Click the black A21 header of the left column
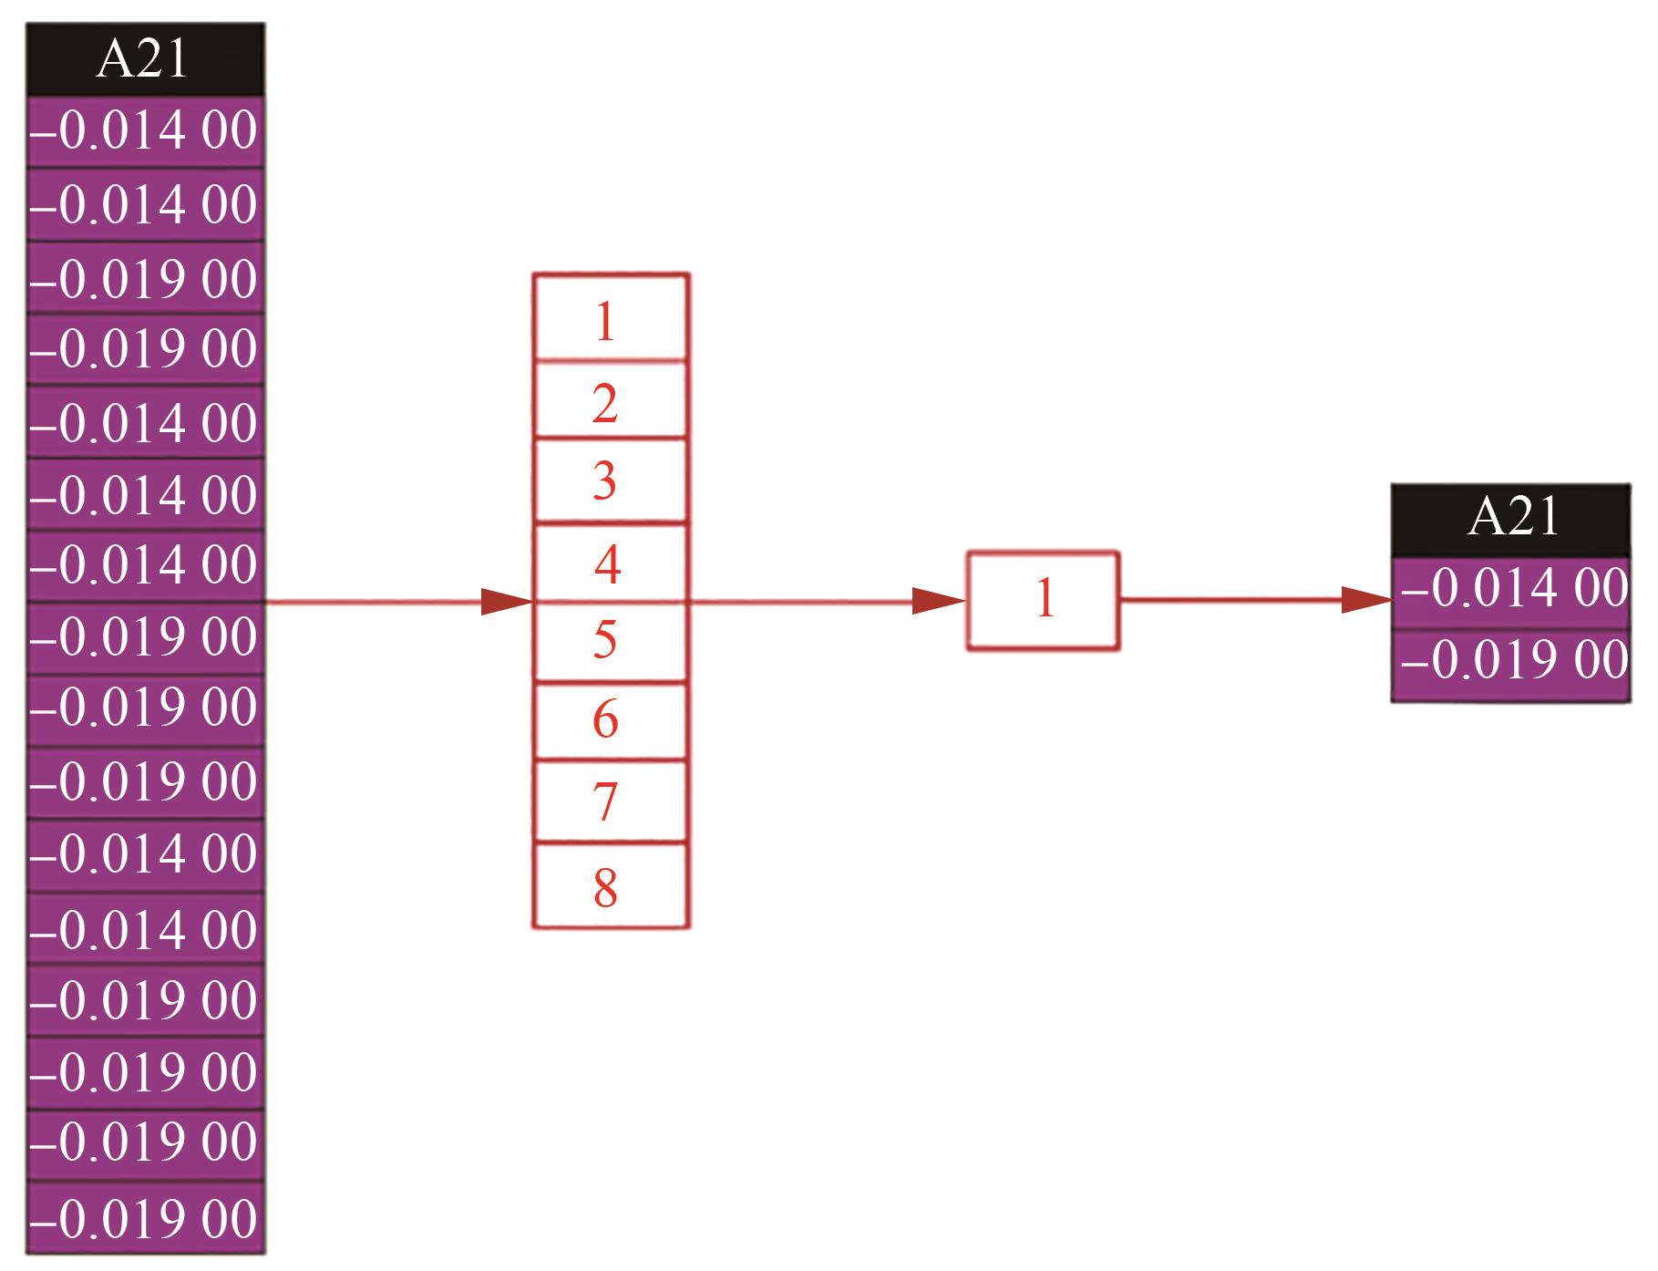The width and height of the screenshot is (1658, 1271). pos(145,59)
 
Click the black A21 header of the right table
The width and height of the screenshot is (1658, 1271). pos(1510,520)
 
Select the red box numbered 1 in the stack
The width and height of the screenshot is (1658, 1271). pos(610,317)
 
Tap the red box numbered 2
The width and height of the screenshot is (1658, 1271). pos(610,400)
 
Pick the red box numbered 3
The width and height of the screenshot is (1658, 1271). pos(610,480)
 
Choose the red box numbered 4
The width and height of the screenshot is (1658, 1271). pos(610,562)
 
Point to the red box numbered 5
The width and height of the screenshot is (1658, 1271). pos(610,642)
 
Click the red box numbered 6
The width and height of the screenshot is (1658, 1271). pos(610,721)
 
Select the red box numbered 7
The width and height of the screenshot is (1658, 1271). pos(610,801)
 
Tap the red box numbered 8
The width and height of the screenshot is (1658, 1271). pos(610,885)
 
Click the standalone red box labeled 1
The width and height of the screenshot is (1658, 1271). pos(1043,601)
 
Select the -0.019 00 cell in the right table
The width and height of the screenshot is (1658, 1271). pos(1511,663)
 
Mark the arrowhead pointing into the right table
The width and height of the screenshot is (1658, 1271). pos(1366,600)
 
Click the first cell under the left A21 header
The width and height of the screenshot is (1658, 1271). pos(145,131)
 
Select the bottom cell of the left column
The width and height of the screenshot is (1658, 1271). pos(145,1218)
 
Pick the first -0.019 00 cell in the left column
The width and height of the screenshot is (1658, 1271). pos(145,277)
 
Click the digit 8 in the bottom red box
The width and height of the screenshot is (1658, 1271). pos(605,887)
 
